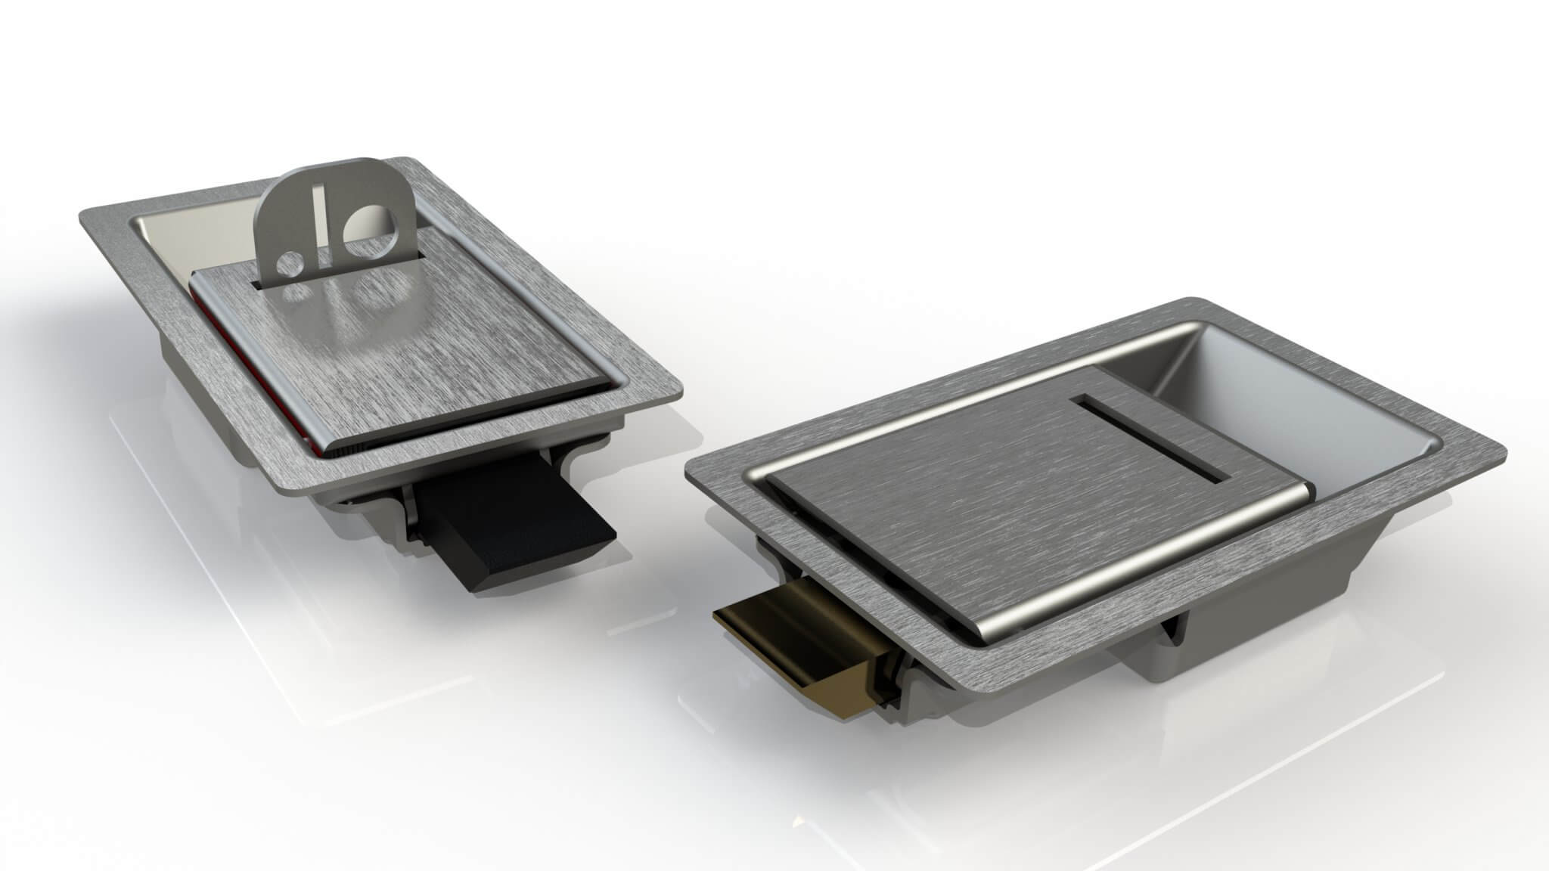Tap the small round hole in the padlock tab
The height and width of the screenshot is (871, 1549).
pos(288,264)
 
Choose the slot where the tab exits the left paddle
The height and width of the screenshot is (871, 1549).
pos(261,285)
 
